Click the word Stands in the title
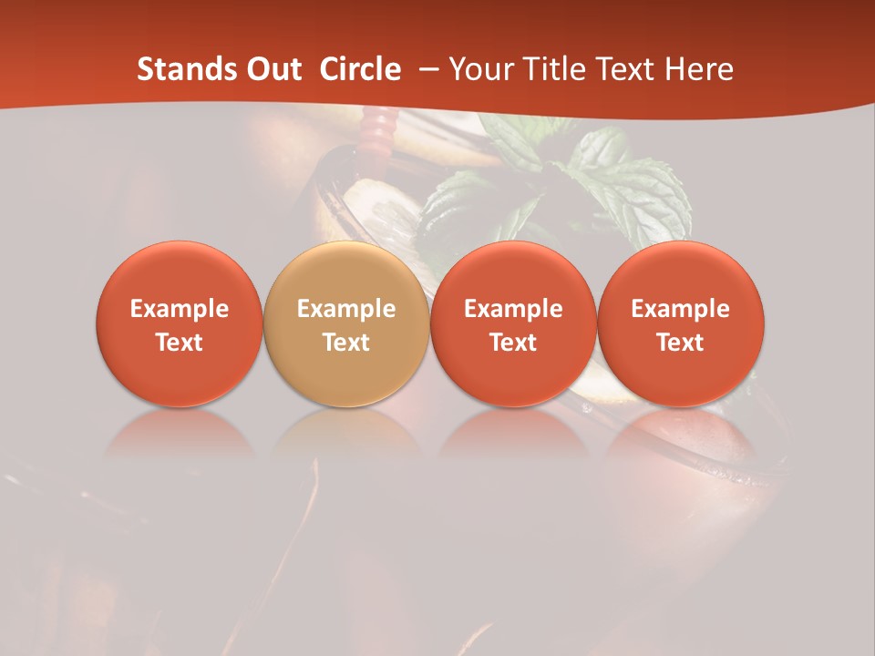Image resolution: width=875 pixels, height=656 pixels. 187,69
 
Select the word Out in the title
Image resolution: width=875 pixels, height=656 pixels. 274,69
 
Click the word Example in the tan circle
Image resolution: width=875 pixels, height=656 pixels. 346,310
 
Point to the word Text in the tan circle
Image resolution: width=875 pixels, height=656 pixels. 346,343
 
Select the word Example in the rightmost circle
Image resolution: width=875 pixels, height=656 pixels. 680,310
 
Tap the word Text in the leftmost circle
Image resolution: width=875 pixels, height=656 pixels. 179,343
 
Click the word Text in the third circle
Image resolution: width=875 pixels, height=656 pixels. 513,343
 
